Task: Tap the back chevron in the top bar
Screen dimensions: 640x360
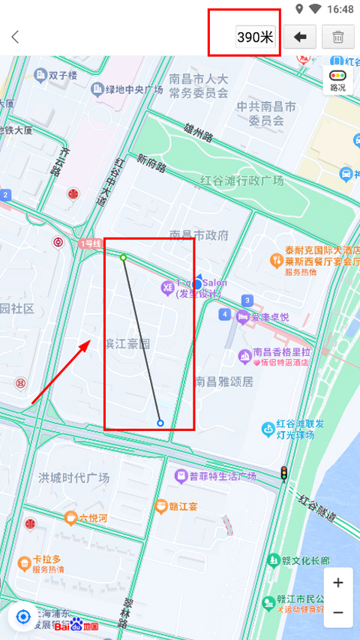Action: [15, 37]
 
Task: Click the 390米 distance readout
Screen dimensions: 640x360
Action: [256, 37]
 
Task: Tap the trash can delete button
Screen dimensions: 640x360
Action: [337, 37]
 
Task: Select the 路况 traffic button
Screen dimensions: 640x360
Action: [338, 80]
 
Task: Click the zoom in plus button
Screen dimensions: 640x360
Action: [338, 583]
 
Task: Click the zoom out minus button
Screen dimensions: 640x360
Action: [338, 612]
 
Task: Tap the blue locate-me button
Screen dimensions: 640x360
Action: [23, 617]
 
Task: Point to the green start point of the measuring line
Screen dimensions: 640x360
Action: [124, 258]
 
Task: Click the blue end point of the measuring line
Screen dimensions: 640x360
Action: [160, 423]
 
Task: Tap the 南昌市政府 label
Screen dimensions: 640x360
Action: [199, 235]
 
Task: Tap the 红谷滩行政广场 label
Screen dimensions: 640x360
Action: [241, 181]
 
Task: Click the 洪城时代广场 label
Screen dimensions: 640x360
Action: [73, 477]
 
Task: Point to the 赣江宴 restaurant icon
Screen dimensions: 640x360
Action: [160, 507]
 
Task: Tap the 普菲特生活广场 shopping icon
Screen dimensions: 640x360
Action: [181, 476]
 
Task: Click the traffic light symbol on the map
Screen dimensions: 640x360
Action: [283, 473]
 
